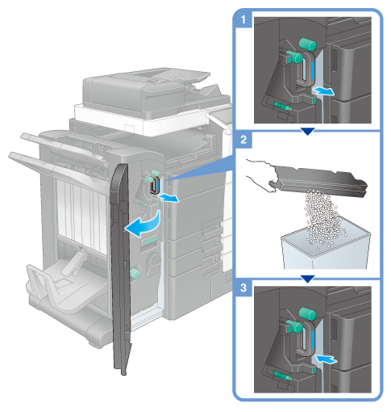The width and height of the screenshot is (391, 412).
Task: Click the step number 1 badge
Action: [243, 19]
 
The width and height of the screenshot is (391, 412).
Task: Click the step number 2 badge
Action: [243, 140]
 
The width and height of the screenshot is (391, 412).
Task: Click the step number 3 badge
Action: [243, 288]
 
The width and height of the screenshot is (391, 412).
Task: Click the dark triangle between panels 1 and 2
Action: [307, 132]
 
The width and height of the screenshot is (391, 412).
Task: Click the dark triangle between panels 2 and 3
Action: [307, 279]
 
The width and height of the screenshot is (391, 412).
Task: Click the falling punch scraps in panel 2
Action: [322, 218]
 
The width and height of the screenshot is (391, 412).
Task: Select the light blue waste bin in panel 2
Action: [326, 246]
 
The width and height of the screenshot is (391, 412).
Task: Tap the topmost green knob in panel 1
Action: [308, 44]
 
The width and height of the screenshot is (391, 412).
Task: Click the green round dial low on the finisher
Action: [135, 273]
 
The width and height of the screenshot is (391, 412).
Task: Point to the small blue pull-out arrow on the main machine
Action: [168, 199]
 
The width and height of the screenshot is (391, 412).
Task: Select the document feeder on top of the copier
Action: [147, 90]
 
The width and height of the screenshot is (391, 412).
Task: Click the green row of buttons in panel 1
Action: [282, 107]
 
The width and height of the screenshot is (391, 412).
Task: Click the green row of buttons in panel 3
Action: [282, 376]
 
